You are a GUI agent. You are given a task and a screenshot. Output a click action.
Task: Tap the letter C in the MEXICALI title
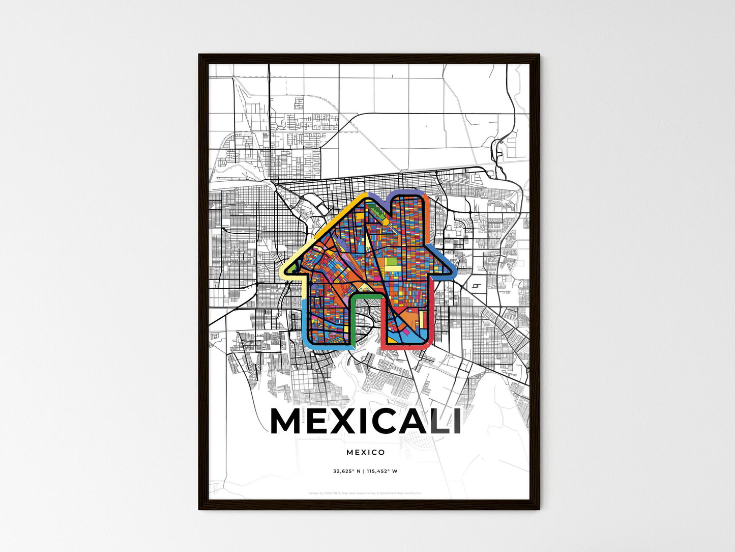380,421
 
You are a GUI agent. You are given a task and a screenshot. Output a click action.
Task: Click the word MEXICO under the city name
365,452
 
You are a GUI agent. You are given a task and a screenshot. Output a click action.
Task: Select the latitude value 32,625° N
347,471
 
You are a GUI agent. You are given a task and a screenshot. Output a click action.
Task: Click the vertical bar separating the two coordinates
364,471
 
